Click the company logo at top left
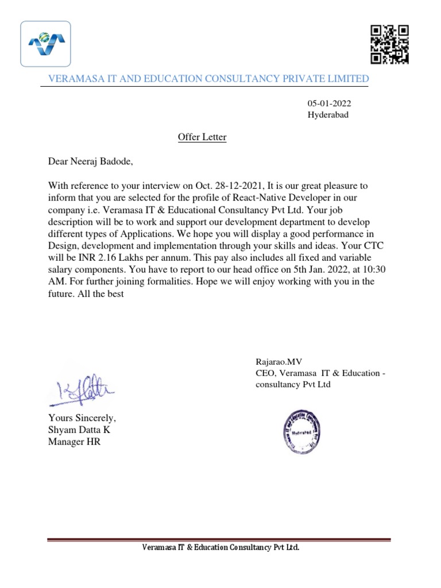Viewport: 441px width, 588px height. click(x=46, y=44)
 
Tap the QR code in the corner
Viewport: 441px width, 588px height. click(x=389, y=44)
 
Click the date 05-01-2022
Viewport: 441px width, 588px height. click(x=330, y=103)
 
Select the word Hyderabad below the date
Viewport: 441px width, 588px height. click(x=328, y=114)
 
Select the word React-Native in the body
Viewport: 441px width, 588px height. click(x=254, y=198)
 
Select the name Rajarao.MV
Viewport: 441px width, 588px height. click(x=278, y=362)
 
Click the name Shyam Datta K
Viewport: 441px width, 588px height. click(x=79, y=430)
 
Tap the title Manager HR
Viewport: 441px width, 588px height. click(x=74, y=442)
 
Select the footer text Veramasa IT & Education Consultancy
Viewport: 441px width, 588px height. click(x=220, y=548)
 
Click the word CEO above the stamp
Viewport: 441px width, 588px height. click(x=265, y=374)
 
